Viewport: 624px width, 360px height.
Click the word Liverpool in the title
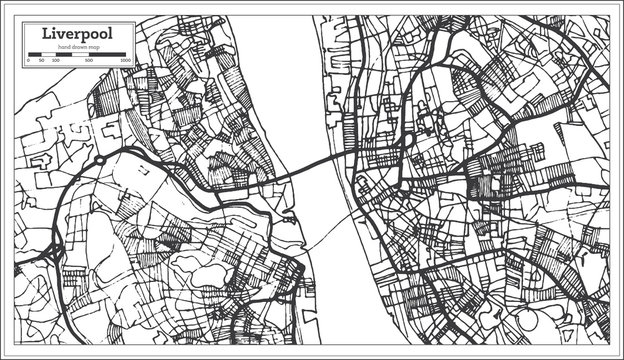click(x=76, y=33)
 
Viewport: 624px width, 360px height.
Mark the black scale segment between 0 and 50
click(x=34, y=57)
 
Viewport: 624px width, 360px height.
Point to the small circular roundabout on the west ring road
click(x=100, y=159)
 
